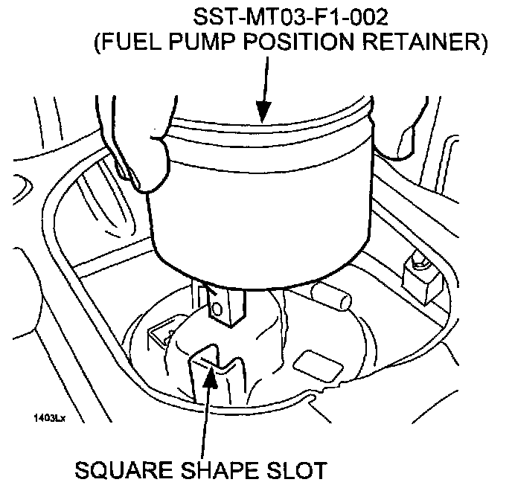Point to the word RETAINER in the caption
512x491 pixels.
[x=420, y=43]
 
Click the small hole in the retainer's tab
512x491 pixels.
[x=217, y=307]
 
